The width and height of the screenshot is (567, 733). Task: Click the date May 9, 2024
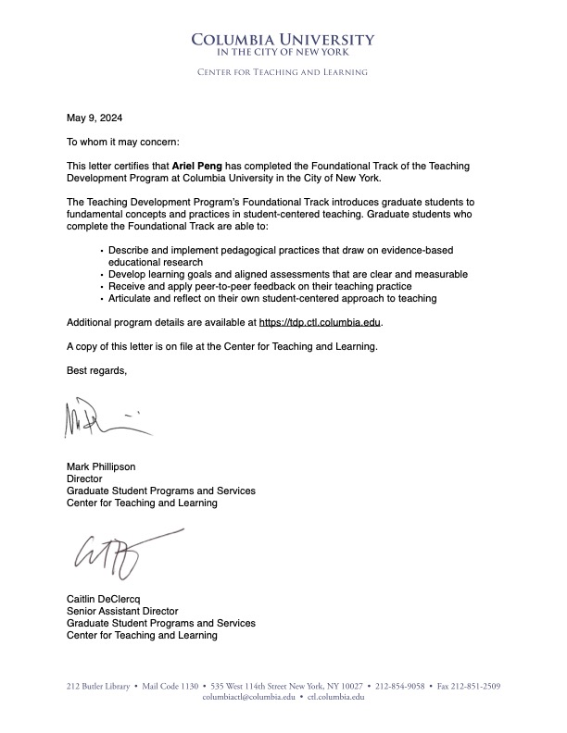point(94,118)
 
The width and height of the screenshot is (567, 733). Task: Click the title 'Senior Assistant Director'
point(121,611)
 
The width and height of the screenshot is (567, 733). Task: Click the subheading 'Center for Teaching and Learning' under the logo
point(283,72)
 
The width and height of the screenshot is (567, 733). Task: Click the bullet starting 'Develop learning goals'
point(287,275)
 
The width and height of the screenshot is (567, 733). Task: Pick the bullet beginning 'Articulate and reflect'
point(271,299)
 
